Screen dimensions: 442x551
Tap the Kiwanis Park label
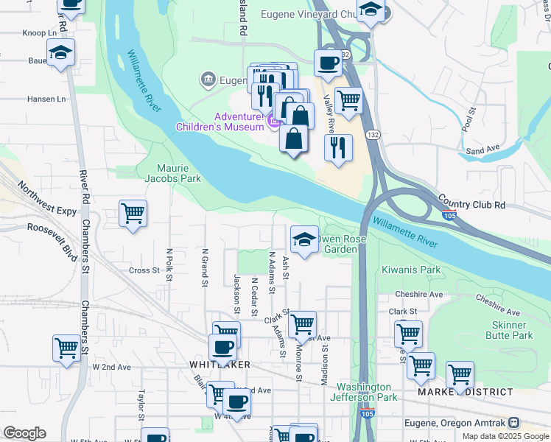pos(410,270)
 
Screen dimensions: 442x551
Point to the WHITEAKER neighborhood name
pos(220,365)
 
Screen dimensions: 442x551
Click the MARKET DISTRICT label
pos(455,392)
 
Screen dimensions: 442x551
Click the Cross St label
pos(144,270)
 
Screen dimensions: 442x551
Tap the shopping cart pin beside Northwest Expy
pos(133,214)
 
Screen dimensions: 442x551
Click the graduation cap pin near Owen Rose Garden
pos(304,239)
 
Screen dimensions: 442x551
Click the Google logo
pos(24,433)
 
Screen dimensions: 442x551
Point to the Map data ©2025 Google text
pos(505,436)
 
